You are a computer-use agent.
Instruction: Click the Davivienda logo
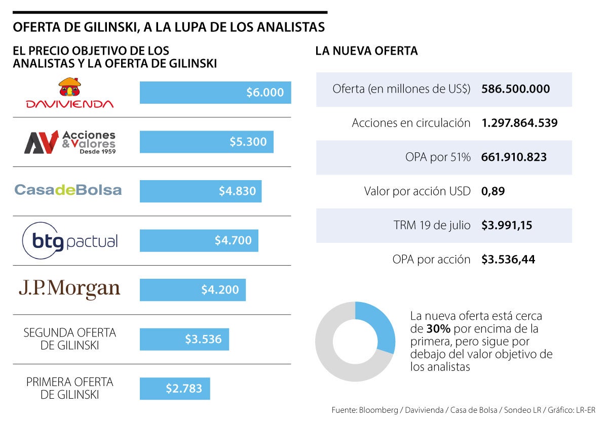70,94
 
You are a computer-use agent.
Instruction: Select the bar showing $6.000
215,93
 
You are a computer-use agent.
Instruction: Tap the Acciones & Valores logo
70,142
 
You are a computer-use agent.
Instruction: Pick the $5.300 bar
207,142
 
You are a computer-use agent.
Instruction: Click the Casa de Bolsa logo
68,190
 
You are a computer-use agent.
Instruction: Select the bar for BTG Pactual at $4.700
199,240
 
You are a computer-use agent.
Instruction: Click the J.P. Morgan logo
69,289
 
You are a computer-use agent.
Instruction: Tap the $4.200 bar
193,290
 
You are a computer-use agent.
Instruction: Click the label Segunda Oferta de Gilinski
70,339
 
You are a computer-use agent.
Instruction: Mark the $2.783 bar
175,389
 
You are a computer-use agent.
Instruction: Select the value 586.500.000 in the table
515,89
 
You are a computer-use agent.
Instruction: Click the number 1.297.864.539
519,123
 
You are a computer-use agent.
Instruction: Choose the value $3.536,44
508,260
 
